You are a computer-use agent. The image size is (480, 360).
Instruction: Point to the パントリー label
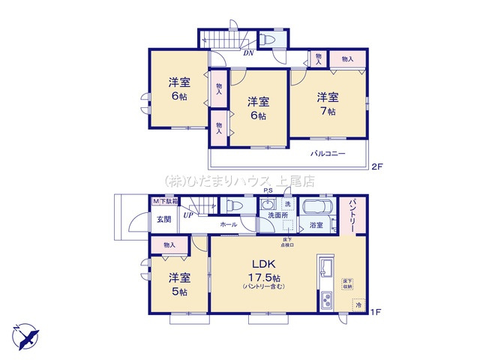(x=355, y=214)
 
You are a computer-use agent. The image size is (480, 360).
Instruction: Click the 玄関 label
(x=163, y=219)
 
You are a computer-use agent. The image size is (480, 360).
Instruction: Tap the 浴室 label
(x=316, y=224)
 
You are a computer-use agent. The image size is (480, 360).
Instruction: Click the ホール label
(x=229, y=224)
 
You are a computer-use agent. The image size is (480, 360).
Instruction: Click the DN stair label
(x=247, y=53)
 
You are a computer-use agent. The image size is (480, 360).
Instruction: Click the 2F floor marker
(x=376, y=166)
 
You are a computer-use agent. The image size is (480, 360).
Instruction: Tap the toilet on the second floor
(x=268, y=40)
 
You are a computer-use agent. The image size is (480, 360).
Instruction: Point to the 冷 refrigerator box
(x=358, y=304)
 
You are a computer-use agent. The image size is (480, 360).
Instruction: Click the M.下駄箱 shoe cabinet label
(x=166, y=202)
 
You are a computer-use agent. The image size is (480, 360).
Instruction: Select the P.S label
(x=267, y=193)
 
